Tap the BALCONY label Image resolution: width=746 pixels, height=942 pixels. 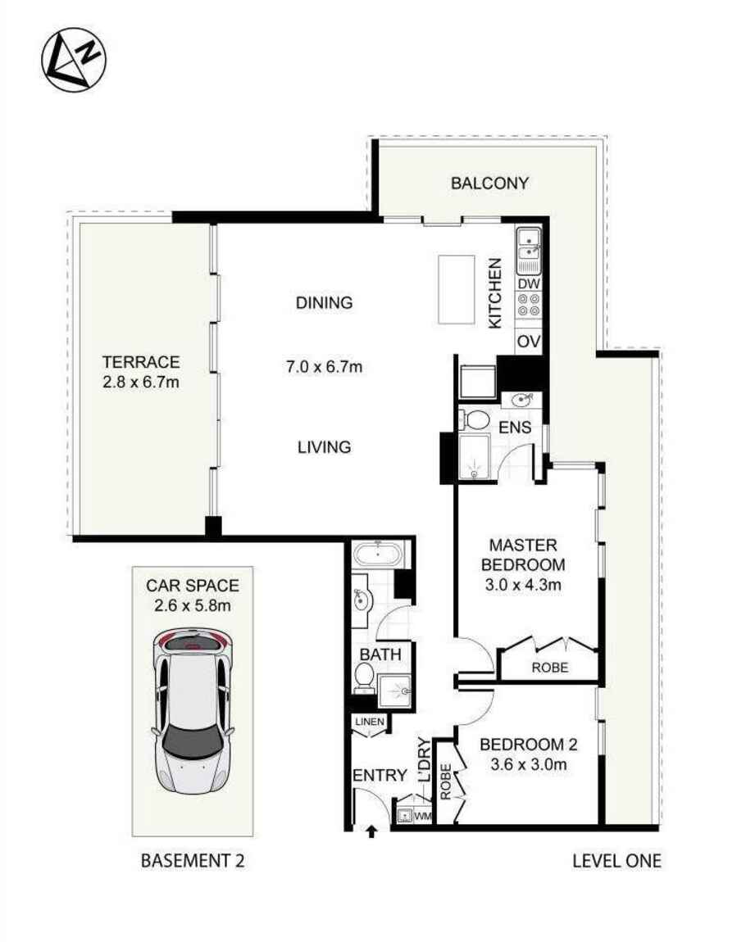click(x=489, y=183)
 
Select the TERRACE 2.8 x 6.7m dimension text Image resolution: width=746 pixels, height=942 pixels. click(x=140, y=382)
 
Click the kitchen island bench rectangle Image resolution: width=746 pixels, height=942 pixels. click(x=457, y=290)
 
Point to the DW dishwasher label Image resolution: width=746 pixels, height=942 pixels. click(x=529, y=283)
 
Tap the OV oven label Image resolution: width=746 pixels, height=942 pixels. click(x=529, y=341)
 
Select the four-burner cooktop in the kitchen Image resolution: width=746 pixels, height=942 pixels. click(x=529, y=306)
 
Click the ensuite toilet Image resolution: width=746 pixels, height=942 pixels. click(x=473, y=420)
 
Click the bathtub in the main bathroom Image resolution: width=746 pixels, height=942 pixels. click(x=378, y=555)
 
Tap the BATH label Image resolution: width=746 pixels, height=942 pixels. click(x=380, y=655)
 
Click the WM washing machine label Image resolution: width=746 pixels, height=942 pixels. click(x=422, y=817)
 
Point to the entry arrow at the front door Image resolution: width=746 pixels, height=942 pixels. click(x=371, y=831)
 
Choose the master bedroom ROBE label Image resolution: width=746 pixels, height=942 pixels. click(x=548, y=667)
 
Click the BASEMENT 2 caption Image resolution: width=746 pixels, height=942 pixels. click(x=193, y=861)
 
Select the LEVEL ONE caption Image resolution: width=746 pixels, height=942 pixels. click(x=616, y=861)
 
